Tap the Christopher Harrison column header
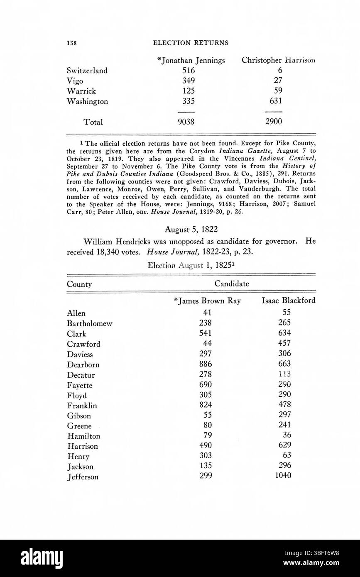click(278, 60)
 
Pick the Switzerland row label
click(87, 71)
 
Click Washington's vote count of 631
click(274, 101)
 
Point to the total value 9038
click(186, 122)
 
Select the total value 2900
click(274, 122)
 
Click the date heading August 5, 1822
click(191, 229)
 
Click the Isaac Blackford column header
click(288, 301)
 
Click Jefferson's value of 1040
click(283, 476)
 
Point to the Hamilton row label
click(83, 436)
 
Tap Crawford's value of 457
click(285, 344)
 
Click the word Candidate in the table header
click(232, 284)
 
